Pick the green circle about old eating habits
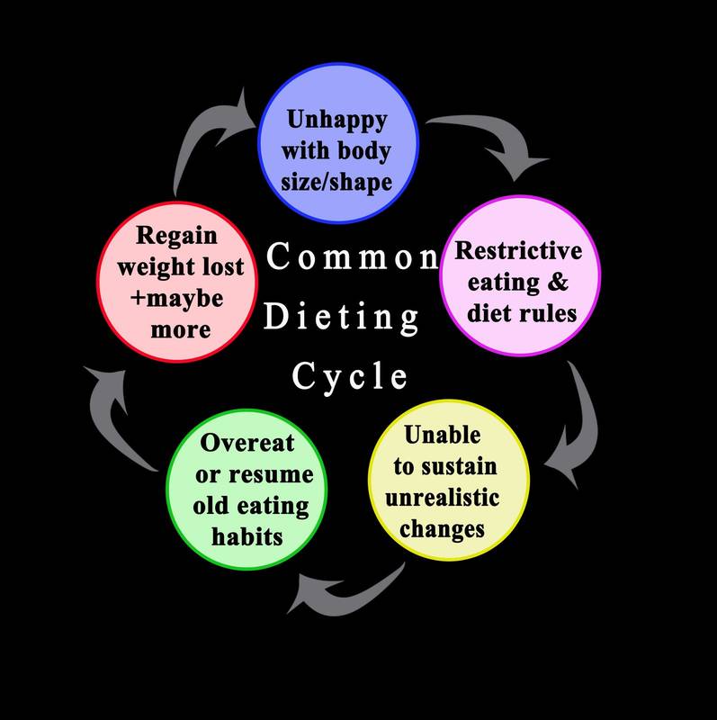246,490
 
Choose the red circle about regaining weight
176,280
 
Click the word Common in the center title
354,258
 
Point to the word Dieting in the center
342,317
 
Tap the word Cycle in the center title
350,375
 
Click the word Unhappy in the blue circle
337,120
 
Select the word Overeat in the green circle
247,443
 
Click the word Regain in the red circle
176,236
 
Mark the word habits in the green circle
246,536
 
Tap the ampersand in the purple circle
558,282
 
